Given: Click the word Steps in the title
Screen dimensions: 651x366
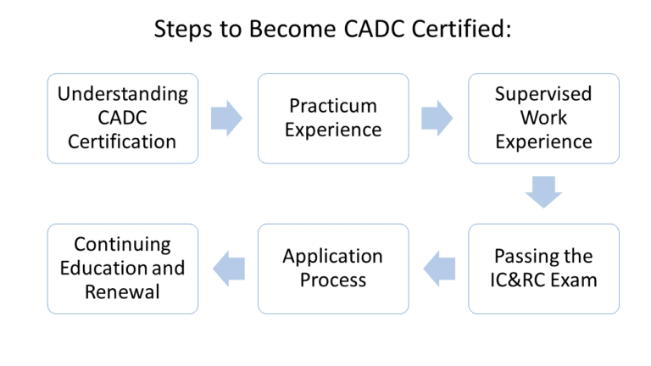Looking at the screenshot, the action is pyautogui.click(x=184, y=30).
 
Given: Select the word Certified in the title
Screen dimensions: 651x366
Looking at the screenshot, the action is pyautogui.click(x=461, y=29).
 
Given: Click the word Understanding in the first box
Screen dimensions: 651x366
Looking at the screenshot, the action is pyautogui.click(x=123, y=95).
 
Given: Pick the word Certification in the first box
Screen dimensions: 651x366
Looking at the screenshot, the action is pyautogui.click(x=122, y=142).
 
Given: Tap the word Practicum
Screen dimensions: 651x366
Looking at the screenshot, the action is pyautogui.click(x=333, y=106).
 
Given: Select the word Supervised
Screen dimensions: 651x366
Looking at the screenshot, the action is pyautogui.click(x=543, y=95).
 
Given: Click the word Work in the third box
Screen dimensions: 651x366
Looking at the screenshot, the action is pyautogui.click(x=543, y=118).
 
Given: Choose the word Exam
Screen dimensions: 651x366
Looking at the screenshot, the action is pyautogui.click(x=576, y=280).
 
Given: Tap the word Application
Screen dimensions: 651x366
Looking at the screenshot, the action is pyautogui.click(x=332, y=257).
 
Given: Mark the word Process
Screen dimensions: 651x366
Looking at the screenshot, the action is pyautogui.click(x=333, y=280).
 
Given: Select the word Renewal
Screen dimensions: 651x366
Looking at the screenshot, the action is pyautogui.click(x=122, y=292).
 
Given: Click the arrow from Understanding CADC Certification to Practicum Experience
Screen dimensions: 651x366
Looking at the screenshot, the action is pyautogui.click(x=226, y=119).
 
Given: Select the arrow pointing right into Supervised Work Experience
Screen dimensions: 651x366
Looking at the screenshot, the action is pyautogui.click(x=437, y=119).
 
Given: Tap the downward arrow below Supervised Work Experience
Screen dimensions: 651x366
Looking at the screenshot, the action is pyautogui.click(x=543, y=191).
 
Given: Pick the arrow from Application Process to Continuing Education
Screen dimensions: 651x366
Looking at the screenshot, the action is pyautogui.click(x=229, y=269).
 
